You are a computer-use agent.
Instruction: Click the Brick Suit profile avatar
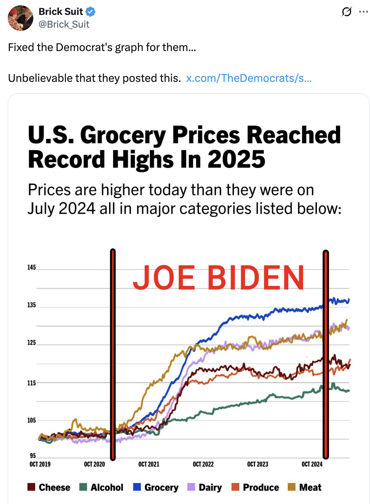point(21,18)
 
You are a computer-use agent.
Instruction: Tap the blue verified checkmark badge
point(91,12)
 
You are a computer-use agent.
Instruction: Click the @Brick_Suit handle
point(64,24)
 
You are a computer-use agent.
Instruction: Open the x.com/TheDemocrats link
point(248,78)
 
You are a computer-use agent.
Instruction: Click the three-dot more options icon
point(363,12)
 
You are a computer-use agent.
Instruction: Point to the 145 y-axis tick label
point(32,267)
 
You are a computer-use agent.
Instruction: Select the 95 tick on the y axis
point(33,455)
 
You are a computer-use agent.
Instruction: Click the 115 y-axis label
point(32,383)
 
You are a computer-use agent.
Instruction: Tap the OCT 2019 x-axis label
point(40,464)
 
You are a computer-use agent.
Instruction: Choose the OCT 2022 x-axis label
point(203,464)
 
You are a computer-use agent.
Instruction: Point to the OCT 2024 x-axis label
point(312,464)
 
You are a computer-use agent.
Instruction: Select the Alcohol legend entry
point(101,487)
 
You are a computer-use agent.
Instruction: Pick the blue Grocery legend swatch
point(137,487)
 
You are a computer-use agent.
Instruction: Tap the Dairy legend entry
point(204,487)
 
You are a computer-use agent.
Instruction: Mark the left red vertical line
point(113,354)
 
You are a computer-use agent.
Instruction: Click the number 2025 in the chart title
point(236,159)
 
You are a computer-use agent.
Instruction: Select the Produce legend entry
point(255,487)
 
